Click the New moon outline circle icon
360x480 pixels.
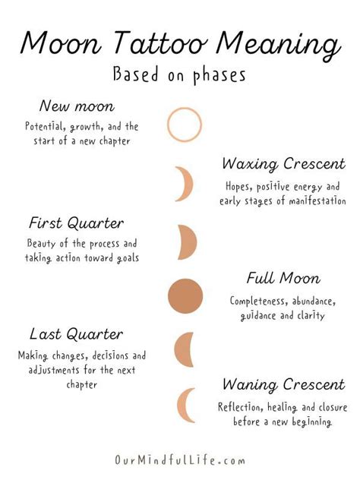pyautogui.click(x=185, y=125)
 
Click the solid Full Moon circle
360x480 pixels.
pyautogui.click(x=185, y=295)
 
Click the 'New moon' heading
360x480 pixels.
pyautogui.click(x=77, y=106)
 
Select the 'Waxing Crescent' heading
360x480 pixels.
pyautogui.click(x=283, y=164)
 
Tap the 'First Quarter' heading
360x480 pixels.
pyautogui.click(x=76, y=223)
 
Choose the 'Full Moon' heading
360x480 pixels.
pyautogui.click(x=283, y=279)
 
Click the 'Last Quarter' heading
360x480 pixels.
pyautogui.click(x=76, y=334)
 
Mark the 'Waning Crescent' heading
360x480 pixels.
pyautogui.click(x=283, y=385)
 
